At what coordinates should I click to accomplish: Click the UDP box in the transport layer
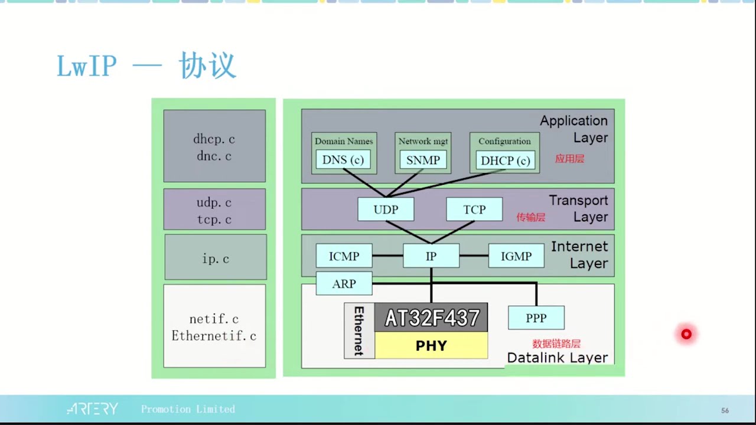click(x=386, y=210)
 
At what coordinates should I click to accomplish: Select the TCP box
click(x=474, y=210)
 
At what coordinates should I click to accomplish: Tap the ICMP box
click(x=344, y=256)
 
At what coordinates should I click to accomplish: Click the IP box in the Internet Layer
click(x=431, y=256)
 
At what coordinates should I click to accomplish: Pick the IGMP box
click(x=516, y=256)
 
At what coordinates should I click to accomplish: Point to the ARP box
click(x=344, y=284)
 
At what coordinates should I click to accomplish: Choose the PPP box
click(x=536, y=318)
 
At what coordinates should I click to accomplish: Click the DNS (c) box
click(x=343, y=160)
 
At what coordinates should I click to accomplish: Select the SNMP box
click(x=423, y=160)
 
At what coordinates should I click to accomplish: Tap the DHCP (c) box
click(x=505, y=161)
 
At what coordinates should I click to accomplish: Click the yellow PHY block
click(x=431, y=345)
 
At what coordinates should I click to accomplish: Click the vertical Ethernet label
click(x=359, y=331)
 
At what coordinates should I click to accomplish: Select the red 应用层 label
click(x=569, y=159)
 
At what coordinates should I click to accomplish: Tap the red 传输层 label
click(x=530, y=217)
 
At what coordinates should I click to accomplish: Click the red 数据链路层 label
click(x=556, y=344)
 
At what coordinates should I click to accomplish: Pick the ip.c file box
click(x=216, y=257)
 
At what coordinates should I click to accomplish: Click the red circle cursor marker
click(x=686, y=335)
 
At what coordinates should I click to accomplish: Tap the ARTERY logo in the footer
click(x=93, y=409)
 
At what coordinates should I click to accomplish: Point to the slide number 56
click(x=725, y=410)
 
